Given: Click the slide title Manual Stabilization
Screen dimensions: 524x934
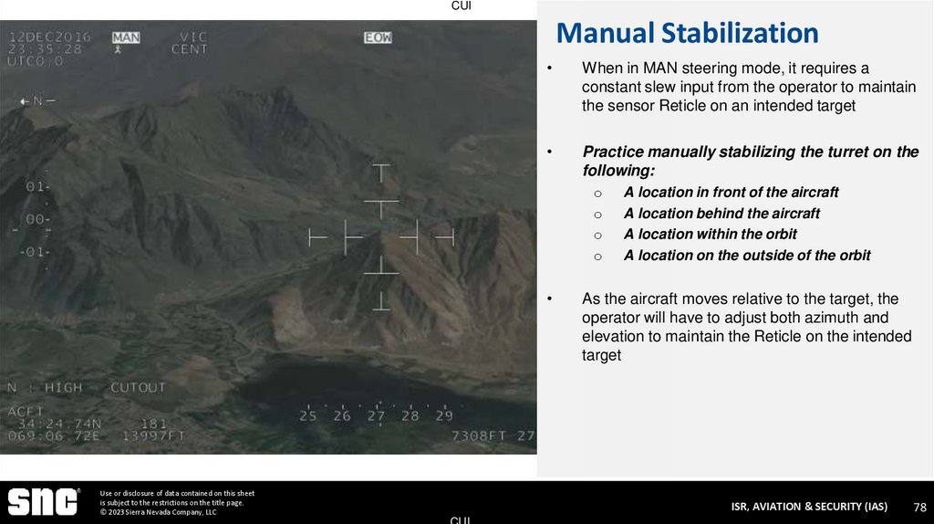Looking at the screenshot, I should tap(687, 34).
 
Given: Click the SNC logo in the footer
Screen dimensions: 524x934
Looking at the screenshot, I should tap(44, 501).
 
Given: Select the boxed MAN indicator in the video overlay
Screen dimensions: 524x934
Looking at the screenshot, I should tap(126, 37).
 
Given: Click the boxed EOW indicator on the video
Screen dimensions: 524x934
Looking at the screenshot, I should tap(378, 37).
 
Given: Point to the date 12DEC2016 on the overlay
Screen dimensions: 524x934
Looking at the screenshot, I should tap(49, 37).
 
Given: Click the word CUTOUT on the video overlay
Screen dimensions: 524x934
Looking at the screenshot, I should tap(138, 388).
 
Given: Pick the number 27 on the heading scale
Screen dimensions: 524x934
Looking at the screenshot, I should tap(376, 416).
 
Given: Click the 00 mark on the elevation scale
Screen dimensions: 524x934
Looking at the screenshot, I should tap(36, 220).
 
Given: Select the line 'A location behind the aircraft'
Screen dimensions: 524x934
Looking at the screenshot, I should tap(721, 214).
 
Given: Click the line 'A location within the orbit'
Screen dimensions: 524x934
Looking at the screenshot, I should tap(710, 235).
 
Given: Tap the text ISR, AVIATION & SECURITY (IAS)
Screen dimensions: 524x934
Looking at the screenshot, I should tap(808, 507).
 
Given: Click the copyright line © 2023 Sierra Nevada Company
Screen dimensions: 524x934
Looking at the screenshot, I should tap(159, 512).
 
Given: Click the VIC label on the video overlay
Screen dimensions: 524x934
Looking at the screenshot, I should tap(192, 37).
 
